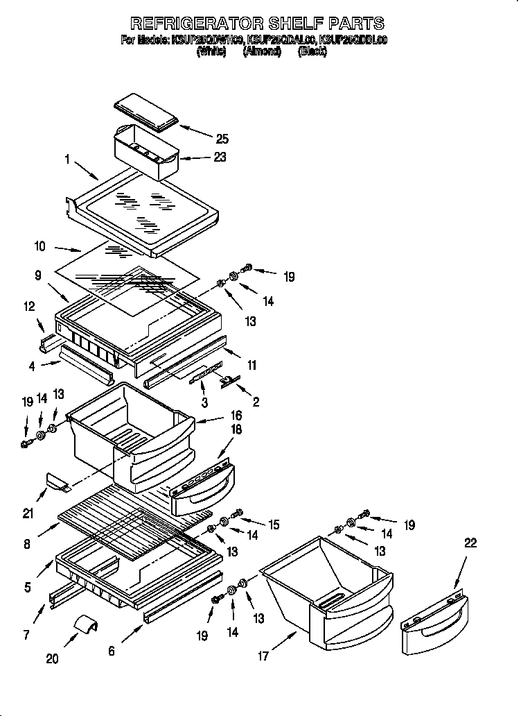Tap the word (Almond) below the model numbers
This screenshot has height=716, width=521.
[261, 51]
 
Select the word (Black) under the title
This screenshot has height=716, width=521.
[312, 51]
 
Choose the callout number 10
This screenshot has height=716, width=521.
[39, 246]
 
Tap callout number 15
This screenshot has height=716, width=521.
[274, 525]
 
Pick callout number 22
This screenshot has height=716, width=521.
[470, 544]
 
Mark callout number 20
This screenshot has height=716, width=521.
[53, 659]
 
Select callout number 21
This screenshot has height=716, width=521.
[28, 513]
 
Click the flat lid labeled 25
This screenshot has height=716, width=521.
[145, 113]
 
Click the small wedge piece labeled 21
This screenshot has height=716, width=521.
[58, 482]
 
